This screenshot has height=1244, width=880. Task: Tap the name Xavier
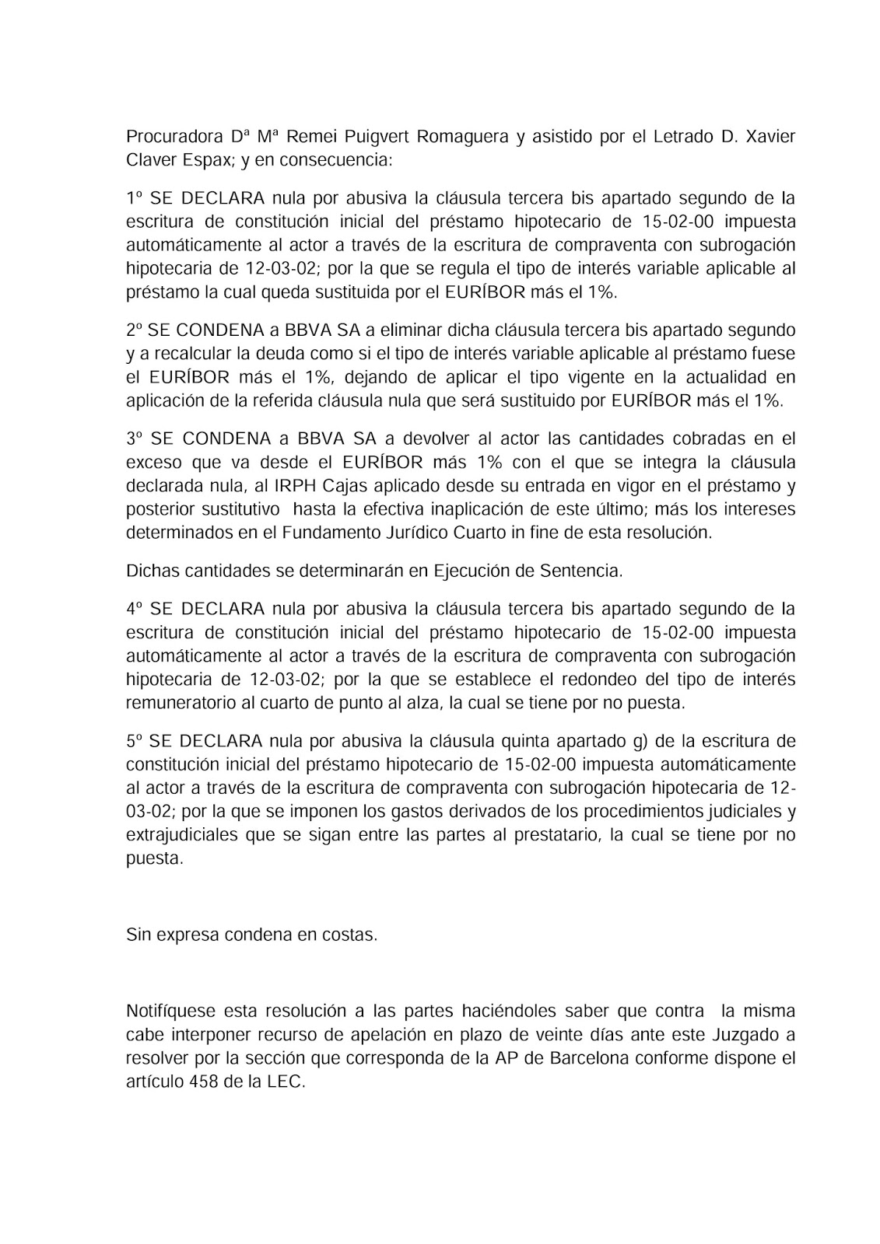(770, 138)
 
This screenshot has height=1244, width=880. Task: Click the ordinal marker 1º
(134, 197)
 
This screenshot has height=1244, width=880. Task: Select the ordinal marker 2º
(134, 330)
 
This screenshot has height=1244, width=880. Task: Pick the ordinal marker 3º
(134, 439)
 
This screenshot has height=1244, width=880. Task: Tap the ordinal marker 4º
(134, 608)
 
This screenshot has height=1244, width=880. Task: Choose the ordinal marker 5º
(134, 739)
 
